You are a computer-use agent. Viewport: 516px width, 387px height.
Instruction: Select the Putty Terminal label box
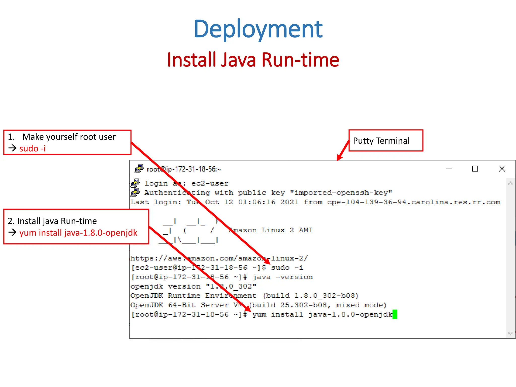click(x=385, y=141)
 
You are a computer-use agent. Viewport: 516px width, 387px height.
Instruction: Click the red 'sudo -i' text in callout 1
click(x=33, y=148)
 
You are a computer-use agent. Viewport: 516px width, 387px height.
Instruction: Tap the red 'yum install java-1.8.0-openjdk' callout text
click(x=78, y=233)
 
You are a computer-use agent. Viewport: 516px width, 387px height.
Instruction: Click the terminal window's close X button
click(x=502, y=169)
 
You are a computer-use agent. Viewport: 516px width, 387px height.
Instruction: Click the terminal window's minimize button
click(x=448, y=169)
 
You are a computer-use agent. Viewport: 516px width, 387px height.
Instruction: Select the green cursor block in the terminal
click(x=395, y=314)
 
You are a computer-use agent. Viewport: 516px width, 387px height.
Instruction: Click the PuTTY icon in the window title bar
click(x=139, y=169)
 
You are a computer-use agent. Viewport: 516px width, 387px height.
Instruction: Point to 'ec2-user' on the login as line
click(x=210, y=183)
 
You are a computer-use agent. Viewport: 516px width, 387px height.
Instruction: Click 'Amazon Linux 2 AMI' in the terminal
click(x=270, y=230)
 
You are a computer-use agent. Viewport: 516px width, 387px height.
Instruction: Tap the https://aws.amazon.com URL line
click(x=219, y=258)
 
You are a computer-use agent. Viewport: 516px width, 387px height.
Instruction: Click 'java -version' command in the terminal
click(x=282, y=277)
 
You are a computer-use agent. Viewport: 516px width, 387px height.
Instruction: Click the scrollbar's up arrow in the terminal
click(x=510, y=183)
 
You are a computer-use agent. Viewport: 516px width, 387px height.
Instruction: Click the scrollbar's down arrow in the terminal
click(x=510, y=333)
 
